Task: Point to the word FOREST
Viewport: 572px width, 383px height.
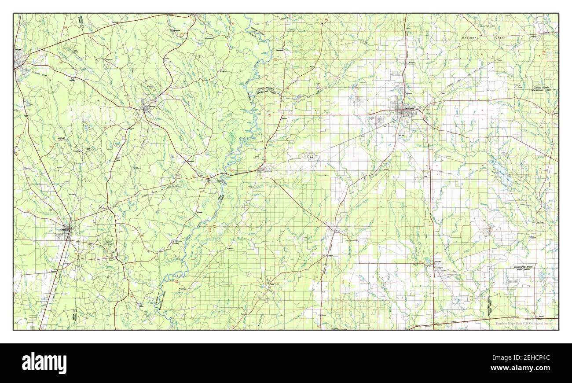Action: coord(500,38)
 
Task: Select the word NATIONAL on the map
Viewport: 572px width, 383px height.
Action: coord(471,38)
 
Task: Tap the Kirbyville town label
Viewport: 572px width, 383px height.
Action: coord(66,229)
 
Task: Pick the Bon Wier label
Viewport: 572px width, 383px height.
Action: coord(209,180)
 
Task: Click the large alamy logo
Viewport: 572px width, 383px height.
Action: coord(44,363)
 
